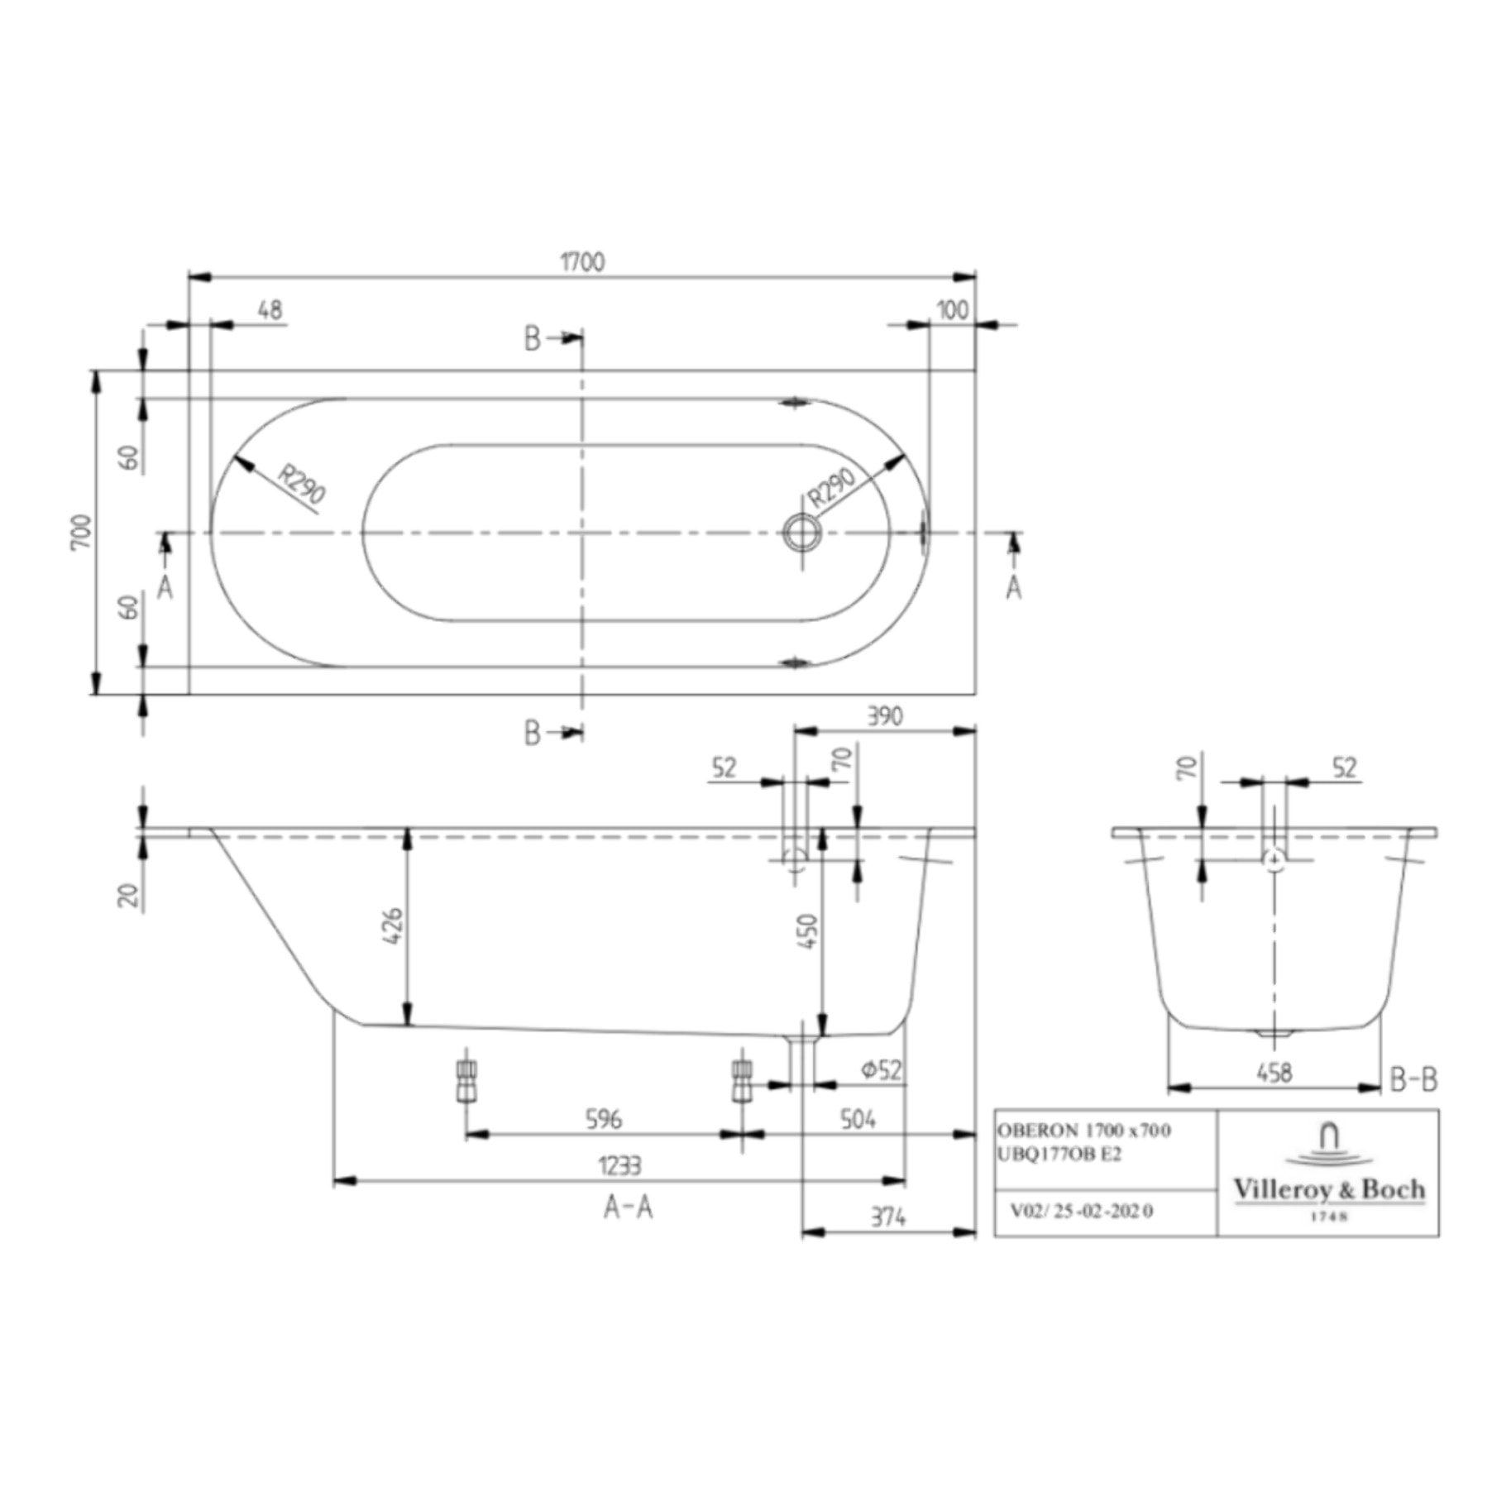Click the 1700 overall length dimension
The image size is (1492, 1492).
pos(582,262)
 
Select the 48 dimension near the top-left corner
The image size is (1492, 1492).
pos(270,310)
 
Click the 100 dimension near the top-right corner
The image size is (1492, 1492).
pos(952,310)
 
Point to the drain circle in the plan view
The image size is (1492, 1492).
pos(801,533)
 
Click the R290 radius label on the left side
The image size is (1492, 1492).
pos(300,485)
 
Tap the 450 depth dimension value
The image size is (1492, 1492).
pos(808,931)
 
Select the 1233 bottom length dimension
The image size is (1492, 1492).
pos(619,1166)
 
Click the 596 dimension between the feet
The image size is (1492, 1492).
pos(603,1120)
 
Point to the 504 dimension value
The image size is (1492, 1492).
pos(858,1120)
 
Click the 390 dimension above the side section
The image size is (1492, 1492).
pos(884,716)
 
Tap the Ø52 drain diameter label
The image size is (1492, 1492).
pos(881,1070)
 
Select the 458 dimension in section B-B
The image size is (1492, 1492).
pos(1274,1073)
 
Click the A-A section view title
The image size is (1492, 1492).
pos(628,1208)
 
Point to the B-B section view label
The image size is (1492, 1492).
pos(1413,1079)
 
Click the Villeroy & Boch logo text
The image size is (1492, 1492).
pos(1329,1190)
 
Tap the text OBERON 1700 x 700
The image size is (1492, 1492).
pos(1083,1131)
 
